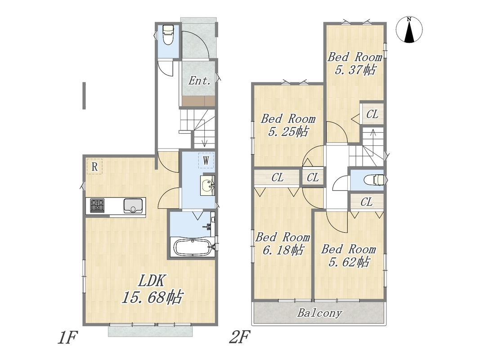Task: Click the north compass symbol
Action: tap(409, 30)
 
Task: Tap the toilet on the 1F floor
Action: tap(168, 35)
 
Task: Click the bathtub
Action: tap(192, 247)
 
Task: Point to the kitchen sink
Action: tap(133, 205)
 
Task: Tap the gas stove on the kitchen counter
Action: tap(97, 205)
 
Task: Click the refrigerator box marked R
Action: tap(94, 167)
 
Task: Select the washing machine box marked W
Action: tap(206, 160)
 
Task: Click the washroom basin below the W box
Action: tap(208, 185)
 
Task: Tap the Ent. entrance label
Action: tap(199, 81)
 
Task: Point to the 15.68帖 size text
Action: tap(153, 297)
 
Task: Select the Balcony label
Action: tap(319, 313)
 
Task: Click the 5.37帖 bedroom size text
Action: tap(355, 70)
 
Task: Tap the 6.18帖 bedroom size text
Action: tap(283, 250)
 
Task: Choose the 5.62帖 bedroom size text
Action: tap(349, 262)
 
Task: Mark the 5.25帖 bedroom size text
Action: tap(288, 132)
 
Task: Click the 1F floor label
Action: tap(67, 337)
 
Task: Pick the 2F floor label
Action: tap(240, 337)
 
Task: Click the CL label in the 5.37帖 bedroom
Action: tap(372, 114)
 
